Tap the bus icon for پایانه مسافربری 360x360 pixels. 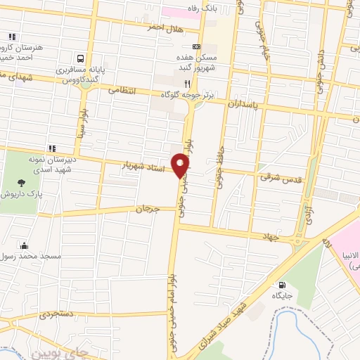pyautogui.click(x=82, y=59)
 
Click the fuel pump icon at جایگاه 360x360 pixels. pyautogui.click(x=282, y=286)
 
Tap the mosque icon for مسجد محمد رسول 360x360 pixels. pyautogui.click(x=25, y=245)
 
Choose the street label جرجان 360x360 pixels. pyautogui.click(x=148, y=209)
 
